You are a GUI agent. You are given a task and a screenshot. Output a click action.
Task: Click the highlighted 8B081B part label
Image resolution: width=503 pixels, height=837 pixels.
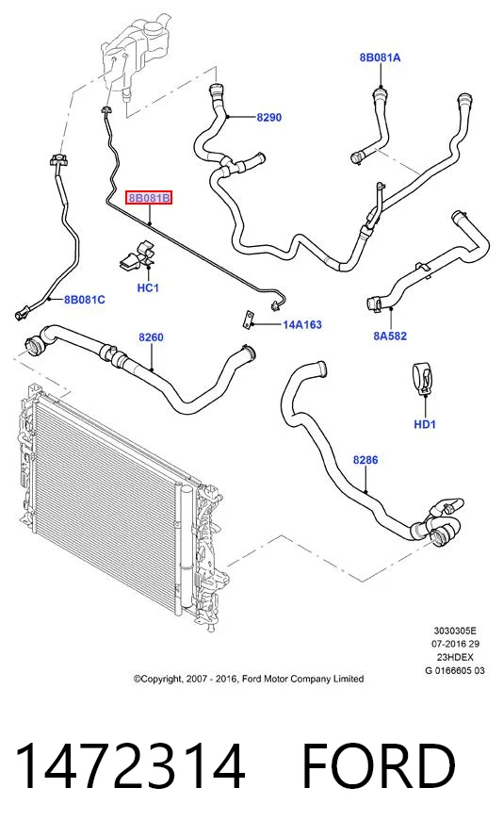click(149, 199)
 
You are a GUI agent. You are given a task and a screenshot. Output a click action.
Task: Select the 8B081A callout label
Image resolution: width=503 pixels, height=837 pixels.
click(380, 57)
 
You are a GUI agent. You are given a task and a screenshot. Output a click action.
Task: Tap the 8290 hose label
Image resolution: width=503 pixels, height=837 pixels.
click(268, 118)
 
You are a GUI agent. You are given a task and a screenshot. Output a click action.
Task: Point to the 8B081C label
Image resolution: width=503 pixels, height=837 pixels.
click(84, 300)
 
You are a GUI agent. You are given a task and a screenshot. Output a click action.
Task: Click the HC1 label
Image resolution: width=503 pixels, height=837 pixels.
click(148, 288)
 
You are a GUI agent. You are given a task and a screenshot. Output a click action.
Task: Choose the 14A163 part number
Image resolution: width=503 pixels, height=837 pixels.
click(302, 324)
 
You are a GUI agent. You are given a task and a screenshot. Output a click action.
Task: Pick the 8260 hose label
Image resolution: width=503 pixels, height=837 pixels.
click(151, 337)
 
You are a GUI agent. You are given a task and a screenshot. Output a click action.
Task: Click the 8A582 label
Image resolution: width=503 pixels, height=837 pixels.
click(390, 336)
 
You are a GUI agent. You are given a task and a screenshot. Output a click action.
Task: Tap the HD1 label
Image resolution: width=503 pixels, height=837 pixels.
click(425, 424)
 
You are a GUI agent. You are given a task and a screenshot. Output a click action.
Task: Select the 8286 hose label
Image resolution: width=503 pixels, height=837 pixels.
click(365, 460)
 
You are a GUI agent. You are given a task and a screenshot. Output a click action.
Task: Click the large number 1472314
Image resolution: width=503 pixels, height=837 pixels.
click(130, 766)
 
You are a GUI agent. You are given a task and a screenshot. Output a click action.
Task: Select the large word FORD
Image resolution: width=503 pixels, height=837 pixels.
click(378, 766)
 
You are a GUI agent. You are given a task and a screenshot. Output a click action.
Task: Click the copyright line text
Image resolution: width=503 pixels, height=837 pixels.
click(249, 679)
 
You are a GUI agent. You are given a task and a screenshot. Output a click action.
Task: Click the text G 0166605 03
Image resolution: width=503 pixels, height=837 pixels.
click(454, 670)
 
